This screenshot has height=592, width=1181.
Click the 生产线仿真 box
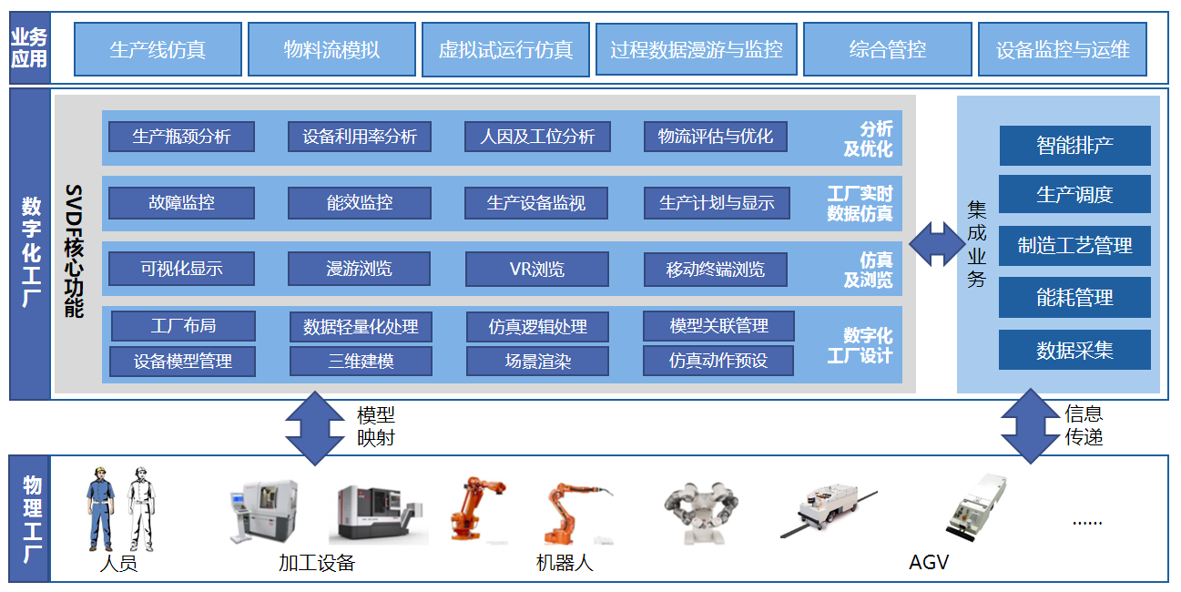[158, 49]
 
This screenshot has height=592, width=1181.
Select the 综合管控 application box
[887, 49]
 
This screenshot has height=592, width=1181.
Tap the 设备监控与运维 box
[1063, 49]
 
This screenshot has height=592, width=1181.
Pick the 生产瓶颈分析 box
[181, 137]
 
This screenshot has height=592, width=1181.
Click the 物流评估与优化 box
[716, 137]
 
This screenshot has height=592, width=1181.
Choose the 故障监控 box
[181, 202]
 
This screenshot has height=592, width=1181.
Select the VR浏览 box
[536, 269]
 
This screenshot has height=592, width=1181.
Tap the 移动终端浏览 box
[716, 270]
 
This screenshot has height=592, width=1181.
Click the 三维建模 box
[361, 361]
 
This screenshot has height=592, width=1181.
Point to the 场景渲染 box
[537, 361]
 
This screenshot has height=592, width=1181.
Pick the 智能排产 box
[1074, 146]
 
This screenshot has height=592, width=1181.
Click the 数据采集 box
[1074, 350]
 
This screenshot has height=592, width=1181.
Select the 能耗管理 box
[1074, 297]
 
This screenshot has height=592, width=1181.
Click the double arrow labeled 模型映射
[315, 428]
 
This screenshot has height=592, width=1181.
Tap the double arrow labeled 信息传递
[1030, 426]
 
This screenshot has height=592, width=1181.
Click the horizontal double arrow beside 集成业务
[937, 244]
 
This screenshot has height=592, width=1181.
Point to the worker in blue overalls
[101, 509]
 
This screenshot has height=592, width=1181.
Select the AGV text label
[929, 562]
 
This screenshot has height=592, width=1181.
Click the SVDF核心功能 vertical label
[74, 251]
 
